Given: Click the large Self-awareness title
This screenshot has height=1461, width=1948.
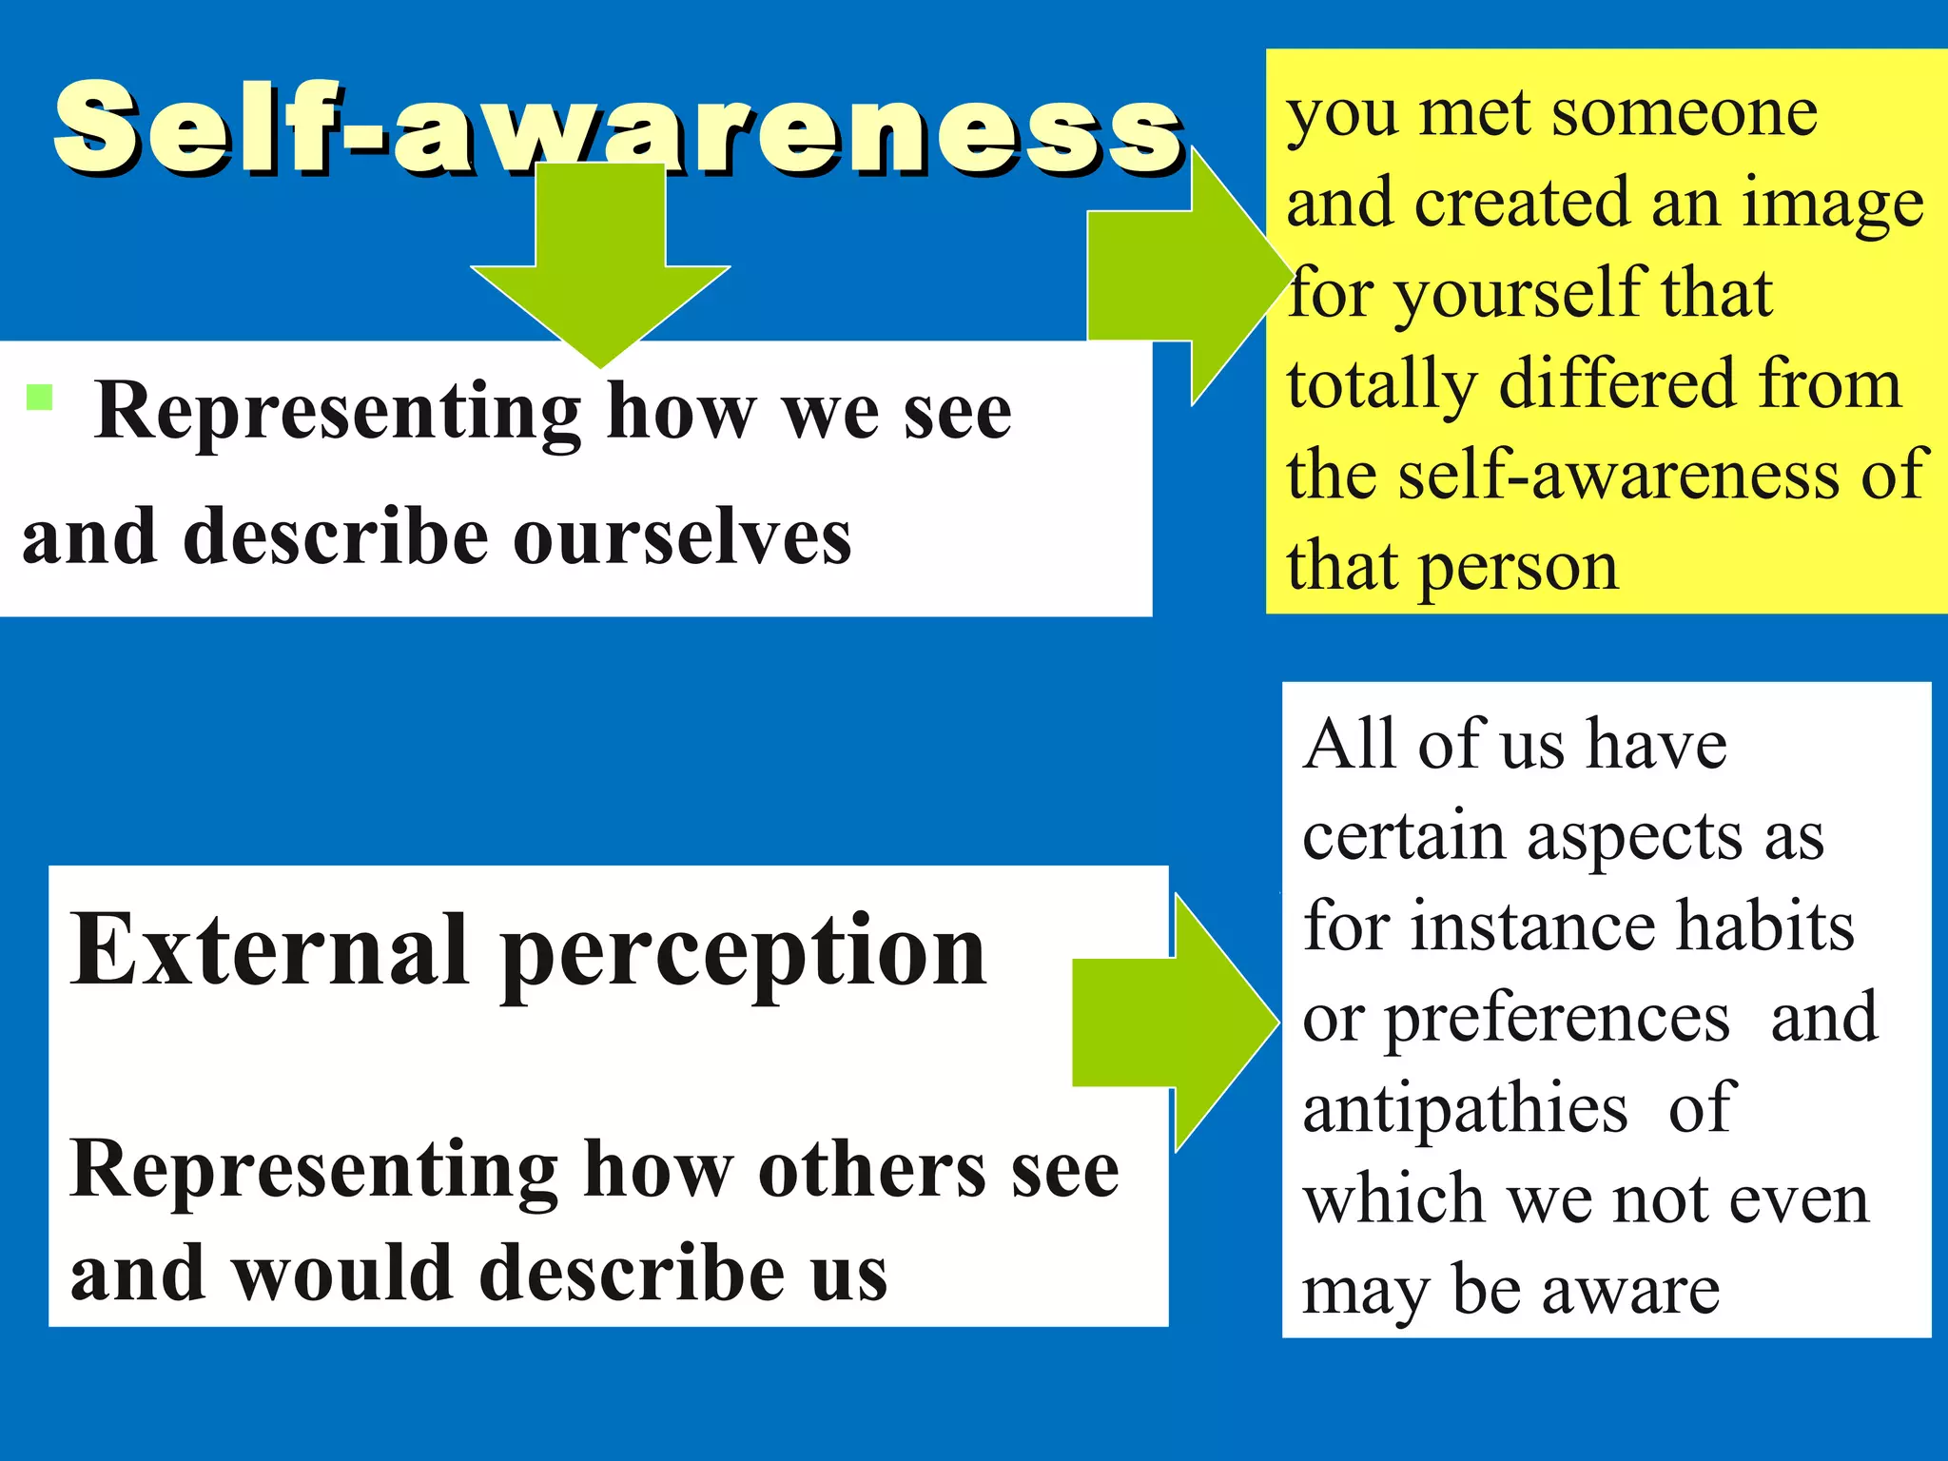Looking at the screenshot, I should [x=618, y=128].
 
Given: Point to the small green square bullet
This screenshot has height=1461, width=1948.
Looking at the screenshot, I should [x=39, y=397].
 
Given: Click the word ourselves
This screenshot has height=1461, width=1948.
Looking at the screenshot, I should [x=682, y=538].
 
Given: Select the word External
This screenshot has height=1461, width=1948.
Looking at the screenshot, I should [x=270, y=950].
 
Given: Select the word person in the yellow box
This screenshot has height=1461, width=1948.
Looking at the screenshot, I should [x=1519, y=569].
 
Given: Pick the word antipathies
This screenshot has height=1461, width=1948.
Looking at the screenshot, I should [x=1465, y=1109].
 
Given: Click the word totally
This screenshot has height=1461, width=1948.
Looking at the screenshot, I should [x=1381, y=386].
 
